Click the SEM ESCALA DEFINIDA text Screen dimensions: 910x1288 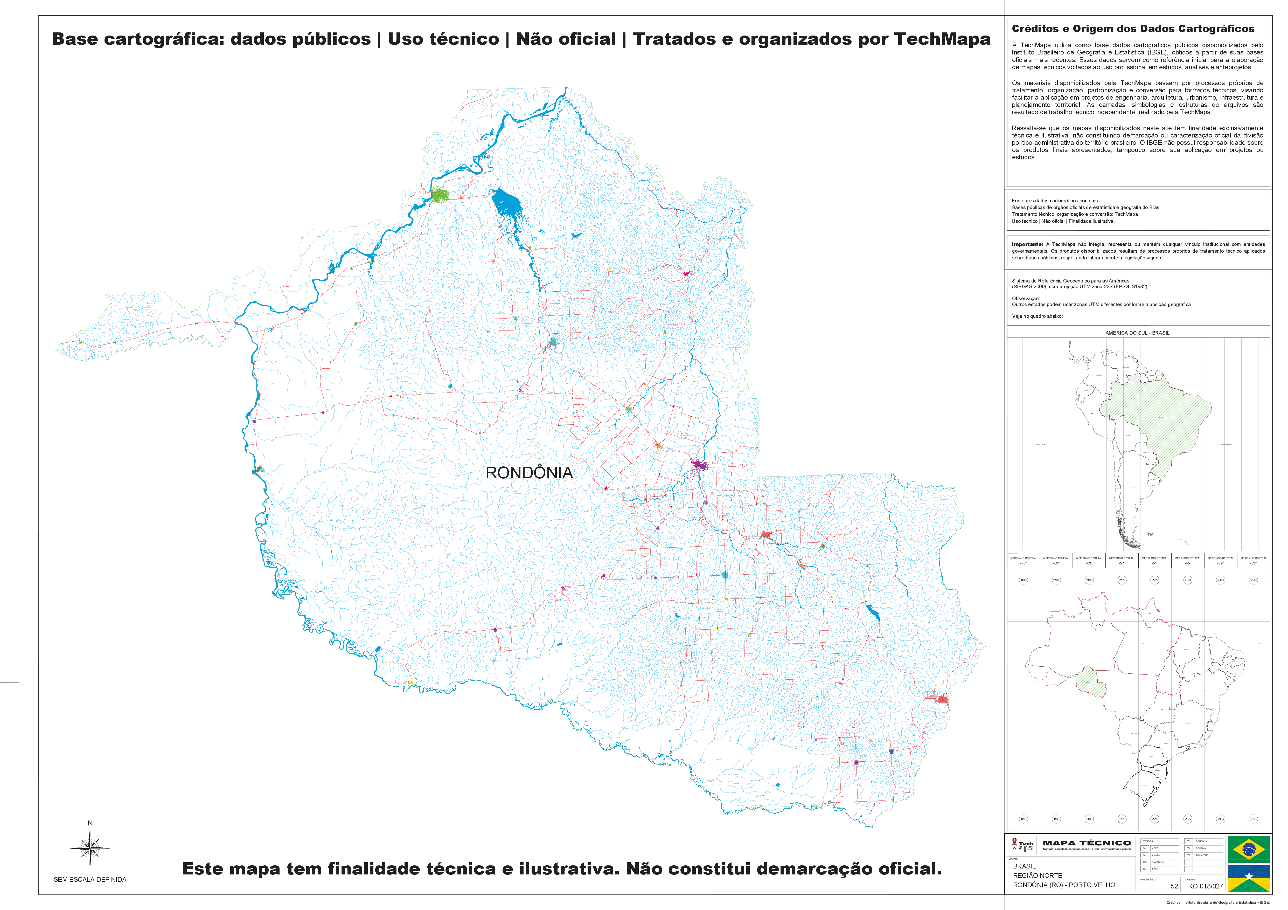[x=90, y=879]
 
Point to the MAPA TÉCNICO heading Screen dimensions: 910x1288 [x=1087, y=843]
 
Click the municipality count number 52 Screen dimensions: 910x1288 [x=1174, y=886]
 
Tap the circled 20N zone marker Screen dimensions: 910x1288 [x=1089, y=580]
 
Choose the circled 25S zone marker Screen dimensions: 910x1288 [x=1253, y=819]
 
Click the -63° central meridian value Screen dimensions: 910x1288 [x=1089, y=563]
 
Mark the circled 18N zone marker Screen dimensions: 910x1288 [x=1023, y=580]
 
